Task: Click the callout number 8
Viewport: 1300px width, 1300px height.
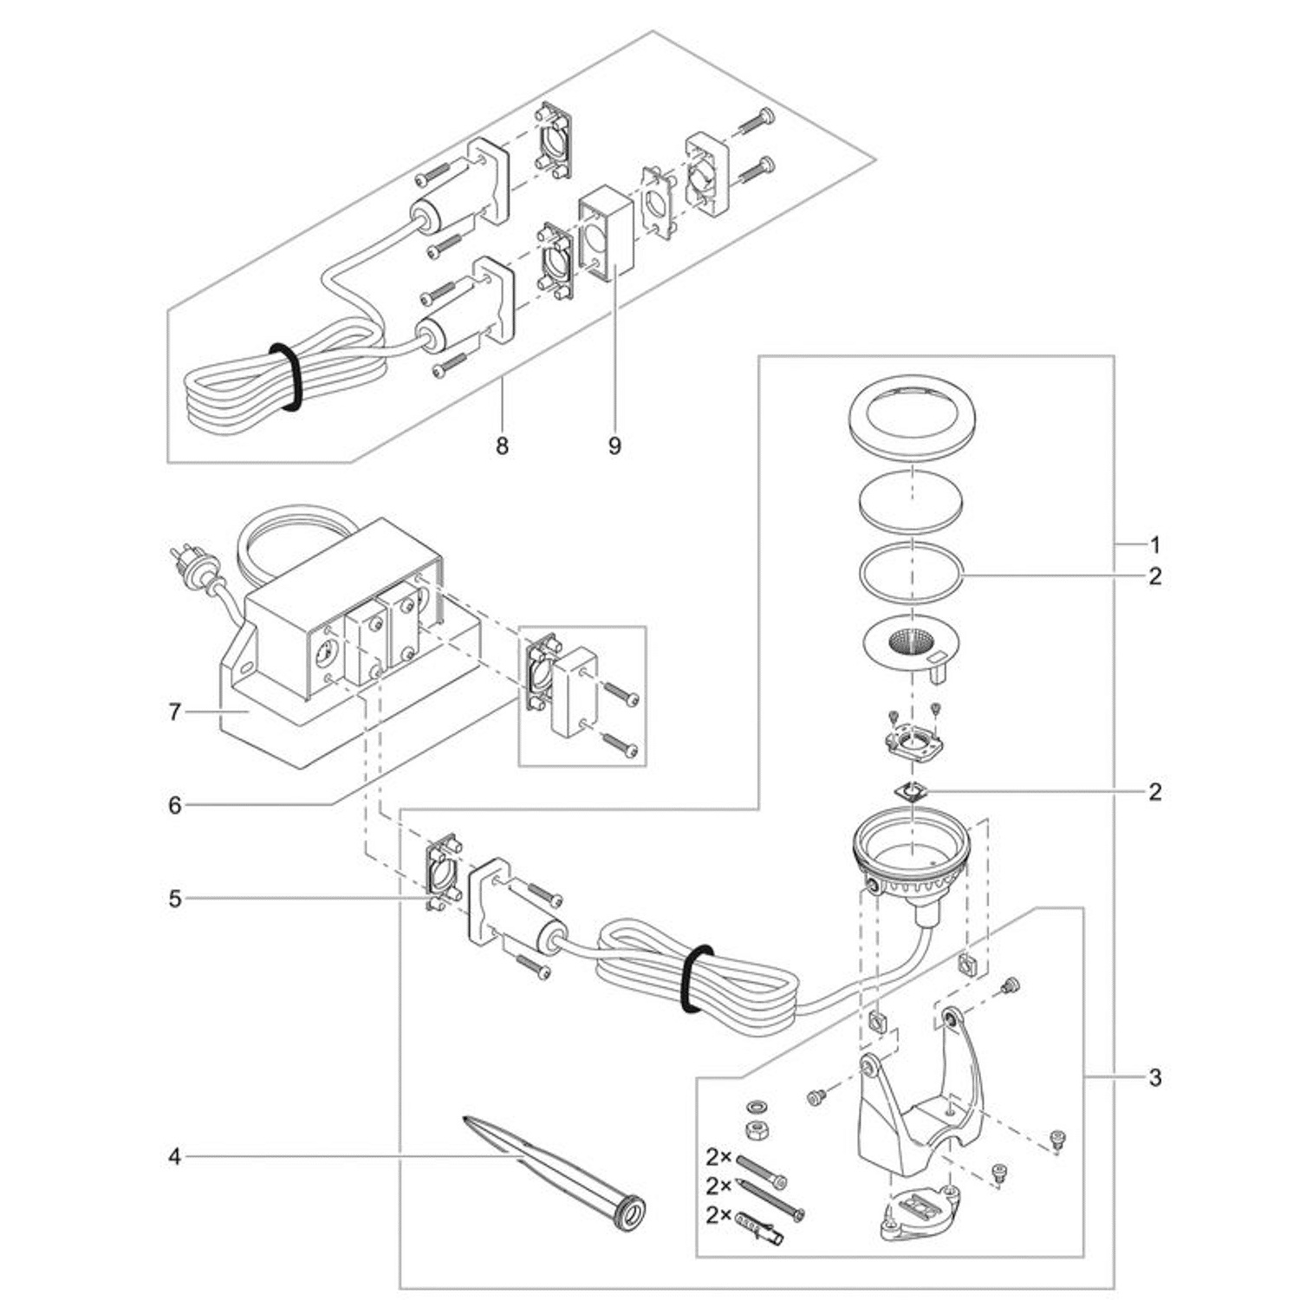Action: click(x=502, y=446)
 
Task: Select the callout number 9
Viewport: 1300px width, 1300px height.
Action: click(x=614, y=446)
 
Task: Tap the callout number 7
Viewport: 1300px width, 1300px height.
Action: click(x=175, y=712)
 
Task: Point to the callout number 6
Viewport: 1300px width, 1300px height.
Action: click(x=175, y=806)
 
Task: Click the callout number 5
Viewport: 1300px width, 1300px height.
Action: click(x=175, y=900)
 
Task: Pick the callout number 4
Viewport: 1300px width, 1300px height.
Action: click(x=175, y=1157)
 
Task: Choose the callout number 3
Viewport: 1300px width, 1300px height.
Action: click(x=1155, y=1078)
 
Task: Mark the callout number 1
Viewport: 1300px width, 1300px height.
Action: click(x=1155, y=545)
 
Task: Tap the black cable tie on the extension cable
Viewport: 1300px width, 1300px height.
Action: click(x=285, y=374)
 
